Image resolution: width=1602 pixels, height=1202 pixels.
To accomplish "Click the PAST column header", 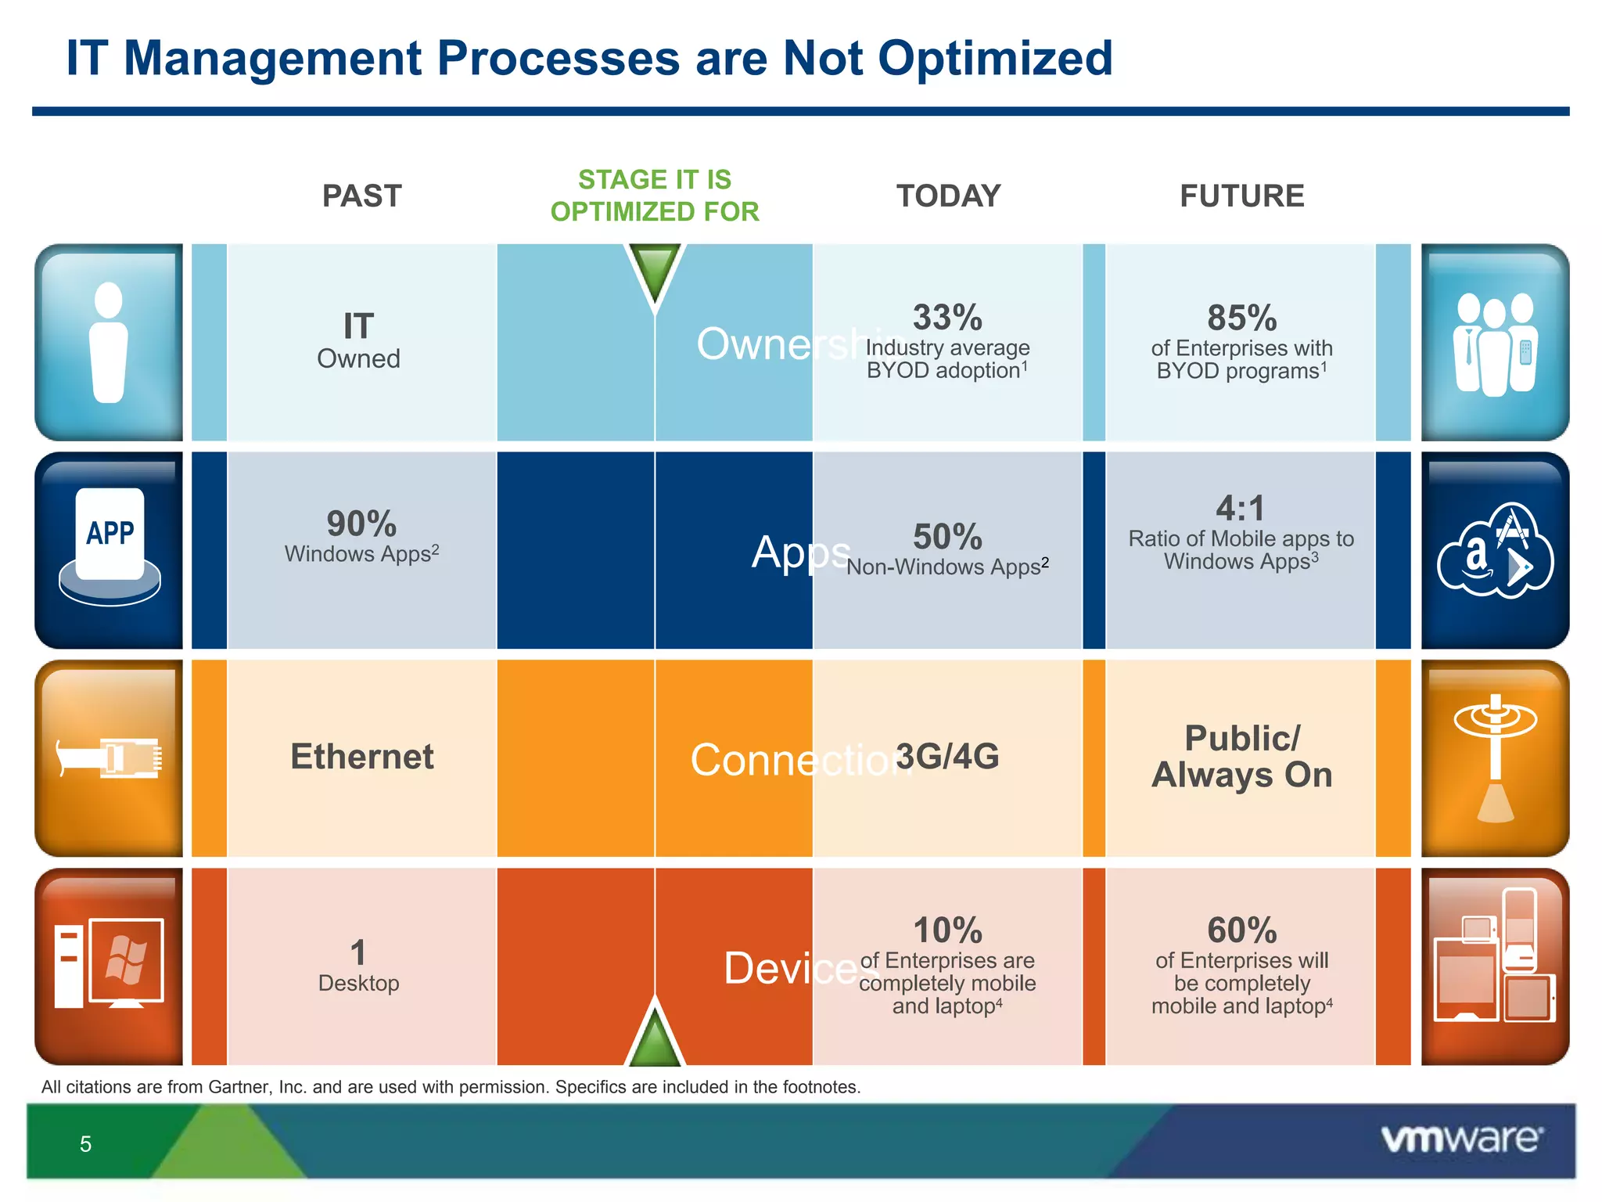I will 362,196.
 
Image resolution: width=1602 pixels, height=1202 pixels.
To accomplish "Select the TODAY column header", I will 948,196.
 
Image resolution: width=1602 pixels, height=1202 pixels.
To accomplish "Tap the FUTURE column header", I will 1241,196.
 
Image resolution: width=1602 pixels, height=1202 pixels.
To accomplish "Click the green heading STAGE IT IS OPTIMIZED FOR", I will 655,196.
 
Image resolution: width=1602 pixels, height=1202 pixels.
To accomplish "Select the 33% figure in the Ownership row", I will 947,318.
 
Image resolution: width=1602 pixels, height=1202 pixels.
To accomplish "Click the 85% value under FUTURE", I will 1241,318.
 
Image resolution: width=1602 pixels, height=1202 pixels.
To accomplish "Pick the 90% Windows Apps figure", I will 361,524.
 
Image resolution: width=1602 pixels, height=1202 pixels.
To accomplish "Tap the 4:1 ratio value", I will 1241,509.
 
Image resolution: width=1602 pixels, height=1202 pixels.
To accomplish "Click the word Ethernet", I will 362,757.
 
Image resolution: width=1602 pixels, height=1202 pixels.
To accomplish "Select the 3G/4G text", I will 947,757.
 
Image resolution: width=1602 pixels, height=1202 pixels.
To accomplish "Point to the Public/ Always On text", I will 1241,757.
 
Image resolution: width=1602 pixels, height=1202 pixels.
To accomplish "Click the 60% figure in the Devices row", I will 1241,930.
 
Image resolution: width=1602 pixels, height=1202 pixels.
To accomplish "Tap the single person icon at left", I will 109,343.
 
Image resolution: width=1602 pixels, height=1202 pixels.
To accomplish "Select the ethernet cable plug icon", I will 110,758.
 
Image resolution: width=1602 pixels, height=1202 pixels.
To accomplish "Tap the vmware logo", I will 1462,1139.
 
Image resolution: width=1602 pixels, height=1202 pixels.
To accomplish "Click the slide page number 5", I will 85,1144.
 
